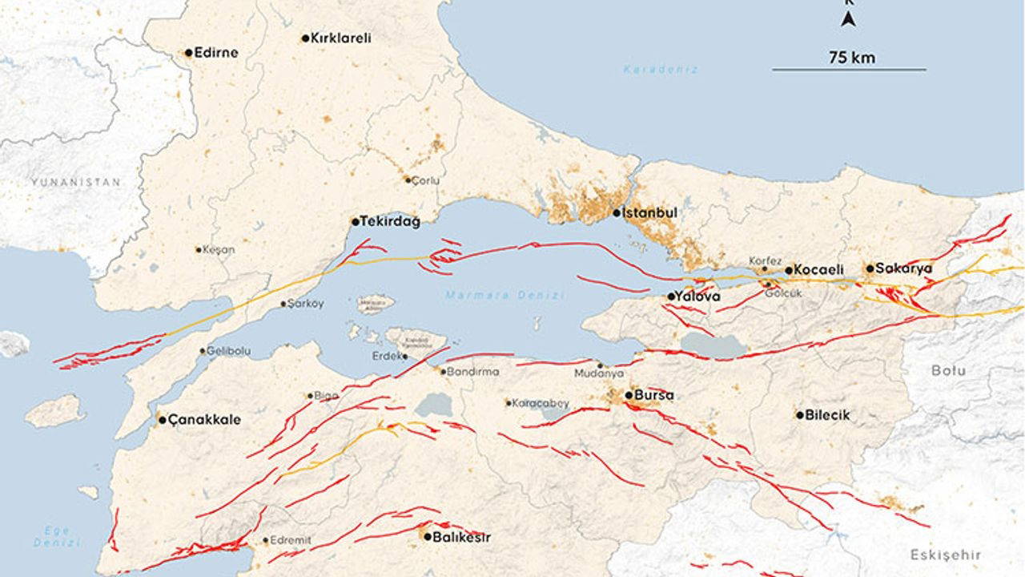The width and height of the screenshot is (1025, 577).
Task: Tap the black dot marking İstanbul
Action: point(617,212)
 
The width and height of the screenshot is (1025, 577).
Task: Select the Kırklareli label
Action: point(340,38)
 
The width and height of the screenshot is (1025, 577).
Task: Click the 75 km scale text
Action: point(852,57)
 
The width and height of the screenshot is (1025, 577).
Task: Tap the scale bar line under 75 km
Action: point(849,70)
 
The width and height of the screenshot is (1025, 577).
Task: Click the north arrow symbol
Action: point(849,18)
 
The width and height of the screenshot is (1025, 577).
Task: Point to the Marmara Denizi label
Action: point(505,296)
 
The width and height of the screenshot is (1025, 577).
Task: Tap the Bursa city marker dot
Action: point(629,395)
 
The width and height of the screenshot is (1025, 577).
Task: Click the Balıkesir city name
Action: point(461,537)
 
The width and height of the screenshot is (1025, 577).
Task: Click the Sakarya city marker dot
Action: point(870,268)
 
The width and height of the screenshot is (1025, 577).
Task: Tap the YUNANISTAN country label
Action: point(77,182)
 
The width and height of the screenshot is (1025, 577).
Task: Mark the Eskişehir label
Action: point(946,555)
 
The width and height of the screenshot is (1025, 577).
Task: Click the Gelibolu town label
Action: point(229,351)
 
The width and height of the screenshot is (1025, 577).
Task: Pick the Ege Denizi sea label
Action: point(57,536)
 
